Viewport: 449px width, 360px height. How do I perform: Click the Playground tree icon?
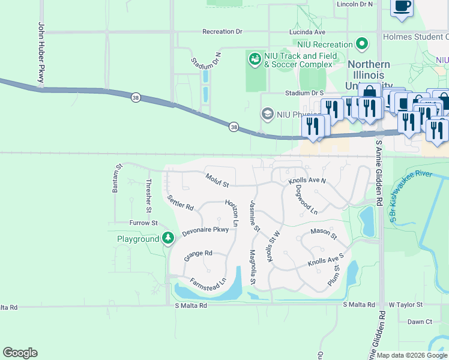(x=169, y=239)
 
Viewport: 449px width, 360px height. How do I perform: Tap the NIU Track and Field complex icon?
(x=255, y=59)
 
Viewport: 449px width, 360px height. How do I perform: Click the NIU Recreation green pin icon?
(x=361, y=44)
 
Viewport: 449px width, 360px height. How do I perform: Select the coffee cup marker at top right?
(x=402, y=7)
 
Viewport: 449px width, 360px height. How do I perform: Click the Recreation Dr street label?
(x=222, y=32)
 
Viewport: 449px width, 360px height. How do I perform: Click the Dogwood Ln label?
(x=306, y=199)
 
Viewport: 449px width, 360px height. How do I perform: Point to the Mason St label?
(x=324, y=232)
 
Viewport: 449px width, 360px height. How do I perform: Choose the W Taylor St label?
(x=405, y=305)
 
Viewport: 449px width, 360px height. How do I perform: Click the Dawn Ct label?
(x=420, y=322)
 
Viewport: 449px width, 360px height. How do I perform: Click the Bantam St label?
(x=117, y=178)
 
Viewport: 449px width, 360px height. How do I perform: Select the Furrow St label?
(x=143, y=223)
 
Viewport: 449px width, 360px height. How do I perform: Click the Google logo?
(x=20, y=353)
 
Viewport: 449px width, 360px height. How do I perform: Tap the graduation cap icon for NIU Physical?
(x=267, y=113)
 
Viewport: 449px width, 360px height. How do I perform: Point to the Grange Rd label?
(x=199, y=253)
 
